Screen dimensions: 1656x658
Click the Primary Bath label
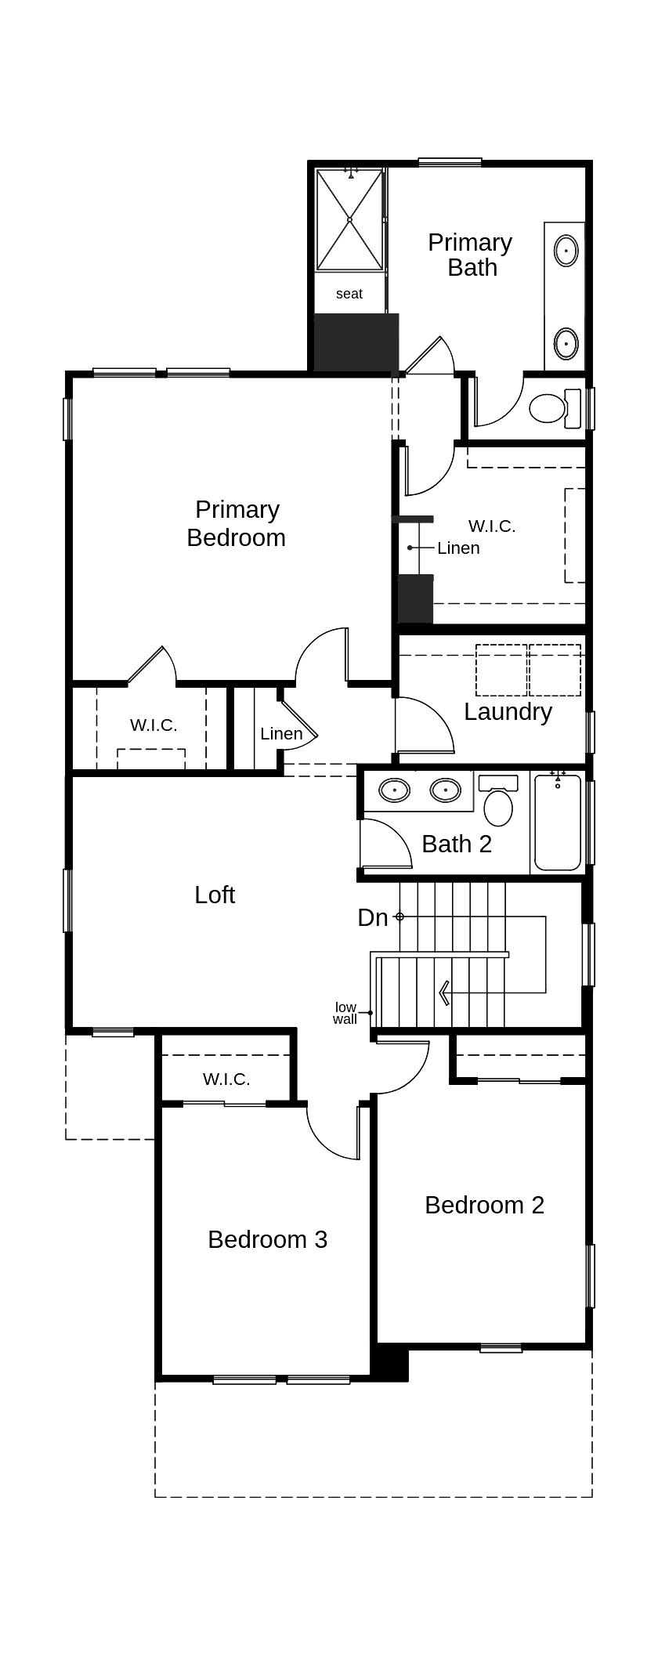point(471,255)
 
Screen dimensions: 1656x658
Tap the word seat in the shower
point(349,294)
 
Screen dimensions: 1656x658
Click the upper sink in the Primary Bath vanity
point(566,251)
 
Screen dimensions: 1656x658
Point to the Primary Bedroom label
point(237,523)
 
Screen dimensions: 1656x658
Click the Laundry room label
point(508,711)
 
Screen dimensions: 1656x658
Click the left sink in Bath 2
point(394,790)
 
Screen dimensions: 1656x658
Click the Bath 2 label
point(457,844)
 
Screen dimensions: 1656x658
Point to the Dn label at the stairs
point(373,917)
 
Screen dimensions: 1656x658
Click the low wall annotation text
point(345,1013)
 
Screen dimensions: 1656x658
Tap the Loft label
point(215,895)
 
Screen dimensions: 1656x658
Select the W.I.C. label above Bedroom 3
point(226,1079)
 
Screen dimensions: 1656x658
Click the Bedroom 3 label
point(267,1239)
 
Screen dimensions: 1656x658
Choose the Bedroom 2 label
point(484,1205)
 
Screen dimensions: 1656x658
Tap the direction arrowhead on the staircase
point(444,993)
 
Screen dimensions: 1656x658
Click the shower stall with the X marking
point(349,220)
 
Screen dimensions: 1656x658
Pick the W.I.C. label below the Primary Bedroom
point(154,725)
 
